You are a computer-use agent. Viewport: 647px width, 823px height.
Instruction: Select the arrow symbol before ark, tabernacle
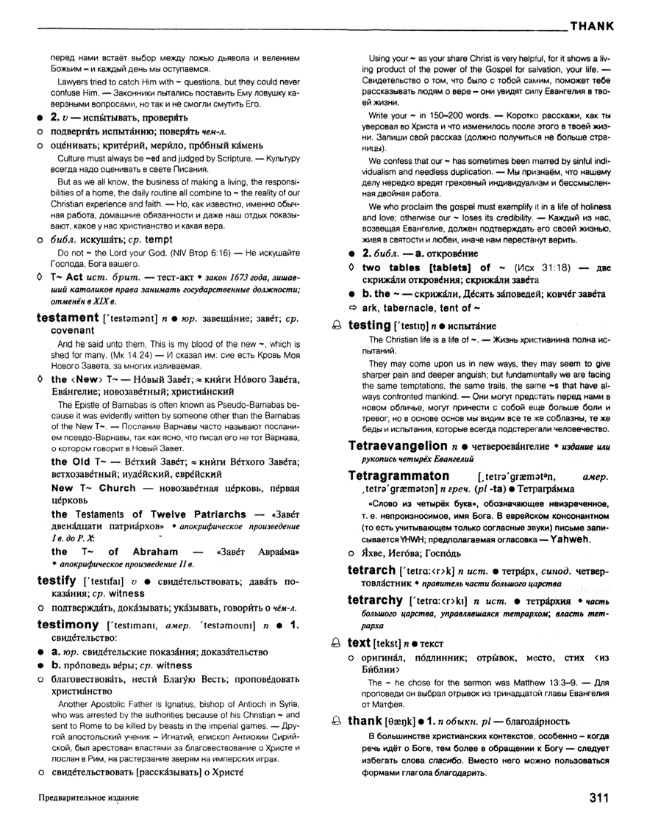point(352,307)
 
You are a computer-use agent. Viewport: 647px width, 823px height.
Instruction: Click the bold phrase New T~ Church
point(93,488)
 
